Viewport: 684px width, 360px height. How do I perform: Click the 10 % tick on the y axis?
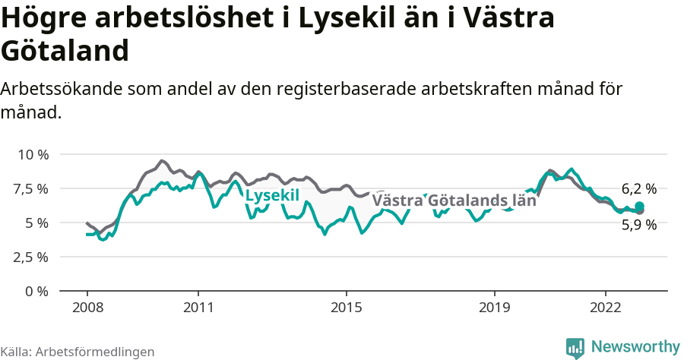(x=33, y=154)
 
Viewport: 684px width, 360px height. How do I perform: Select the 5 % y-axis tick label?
(x=37, y=223)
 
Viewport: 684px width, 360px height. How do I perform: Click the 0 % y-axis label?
(x=37, y=291)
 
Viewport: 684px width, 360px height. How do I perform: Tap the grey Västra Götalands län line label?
(x=455, y=201)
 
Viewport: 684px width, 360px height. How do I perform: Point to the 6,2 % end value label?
(x=638, y=189)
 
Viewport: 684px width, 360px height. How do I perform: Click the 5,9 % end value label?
(x=638, y=225)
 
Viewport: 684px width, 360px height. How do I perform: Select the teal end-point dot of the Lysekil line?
(x=640, y=207)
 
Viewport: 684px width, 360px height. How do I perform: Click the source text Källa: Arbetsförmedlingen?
(x=78, y=352)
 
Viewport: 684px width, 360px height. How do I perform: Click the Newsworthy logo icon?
(x=575, y=348)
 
